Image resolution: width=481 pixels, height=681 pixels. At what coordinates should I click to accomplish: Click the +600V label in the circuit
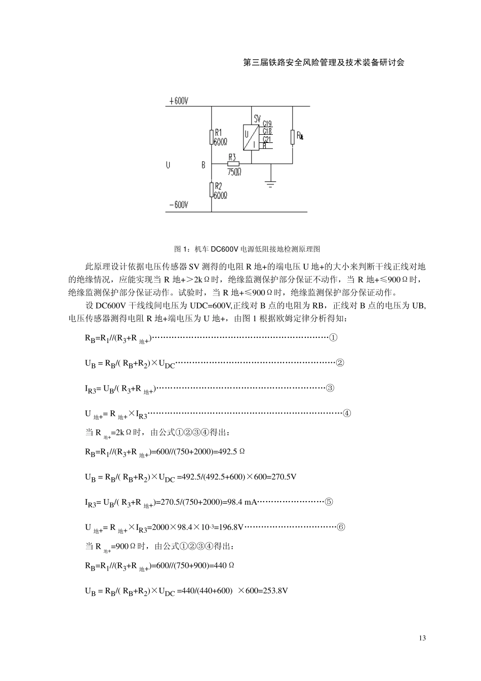point(178,101)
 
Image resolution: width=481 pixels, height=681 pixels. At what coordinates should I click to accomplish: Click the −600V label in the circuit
point(178,205)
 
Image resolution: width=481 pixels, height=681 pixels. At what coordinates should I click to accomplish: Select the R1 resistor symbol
point(211,137)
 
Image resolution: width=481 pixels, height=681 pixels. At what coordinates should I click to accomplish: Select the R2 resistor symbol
point(211,190)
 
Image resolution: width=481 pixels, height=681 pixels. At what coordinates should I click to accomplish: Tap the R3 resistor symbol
point(232,164)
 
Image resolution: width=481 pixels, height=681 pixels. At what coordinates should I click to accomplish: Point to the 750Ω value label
point(234,172)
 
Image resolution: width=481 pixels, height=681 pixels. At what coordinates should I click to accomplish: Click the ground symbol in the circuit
point(271,183)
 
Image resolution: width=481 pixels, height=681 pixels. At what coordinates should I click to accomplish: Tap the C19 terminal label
point(267,124)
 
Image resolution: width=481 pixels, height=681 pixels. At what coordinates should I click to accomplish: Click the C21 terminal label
point(267,139)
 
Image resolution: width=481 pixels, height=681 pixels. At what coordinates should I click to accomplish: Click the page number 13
point(422,638)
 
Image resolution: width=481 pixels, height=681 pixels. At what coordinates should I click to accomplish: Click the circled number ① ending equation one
point(333,338)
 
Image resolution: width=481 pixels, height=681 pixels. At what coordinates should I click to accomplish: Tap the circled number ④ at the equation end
point(347,413)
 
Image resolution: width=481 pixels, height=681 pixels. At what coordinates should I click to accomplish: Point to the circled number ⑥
point(341,527)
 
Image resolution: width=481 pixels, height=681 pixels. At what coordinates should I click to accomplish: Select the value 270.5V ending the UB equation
point(286,477)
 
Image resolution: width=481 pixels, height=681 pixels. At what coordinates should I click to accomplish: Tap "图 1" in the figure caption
point(180,249)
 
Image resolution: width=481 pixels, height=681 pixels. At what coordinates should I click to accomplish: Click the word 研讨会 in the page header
point(393,63)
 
